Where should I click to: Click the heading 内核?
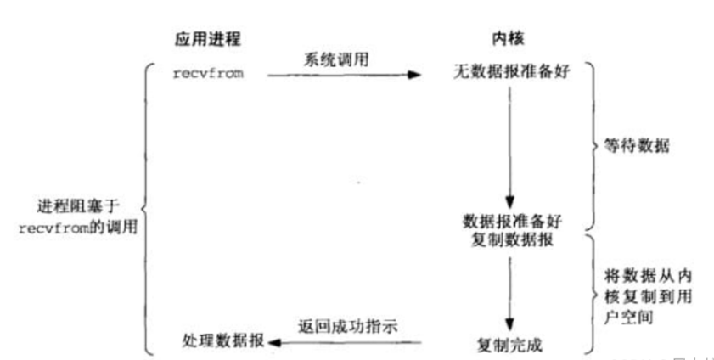tap(506, 40)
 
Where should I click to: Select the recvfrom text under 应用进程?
tap(208, 74)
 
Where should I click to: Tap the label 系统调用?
tap(330, 61)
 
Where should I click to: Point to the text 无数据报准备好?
tap(508, 74)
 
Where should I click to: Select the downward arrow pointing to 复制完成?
tap(509, 293)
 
